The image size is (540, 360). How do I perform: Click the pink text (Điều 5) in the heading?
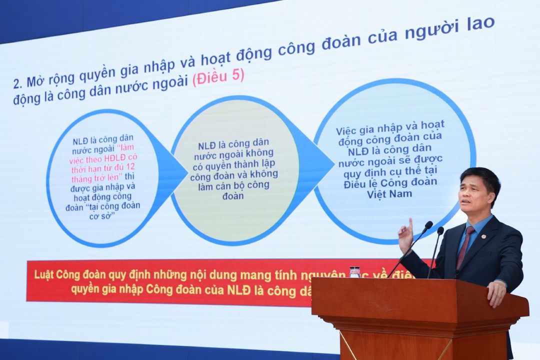(x=218, y=77)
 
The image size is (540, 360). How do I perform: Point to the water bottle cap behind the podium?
(x=354, y=269)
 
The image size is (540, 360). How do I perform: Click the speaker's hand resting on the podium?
(x=496, y=292)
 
